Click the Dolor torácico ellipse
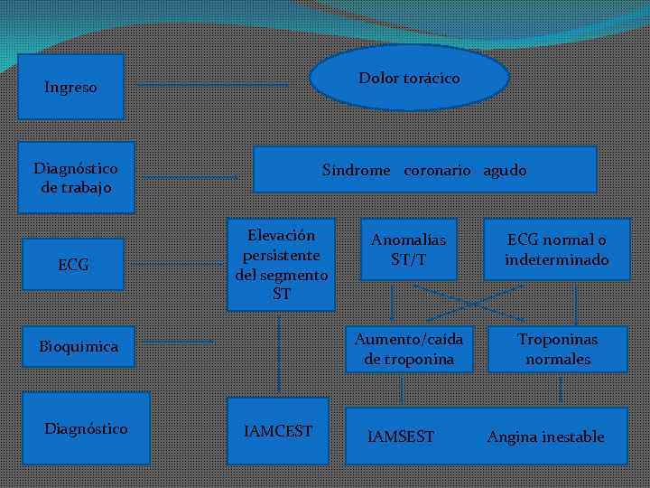409,78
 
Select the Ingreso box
71,87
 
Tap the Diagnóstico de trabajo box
76,177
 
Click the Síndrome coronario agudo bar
424,170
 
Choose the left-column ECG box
73,265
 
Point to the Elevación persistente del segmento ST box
281,265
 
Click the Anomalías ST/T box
408,249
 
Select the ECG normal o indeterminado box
556,249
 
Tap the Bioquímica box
78,347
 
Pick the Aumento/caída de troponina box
408,349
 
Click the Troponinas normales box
558,349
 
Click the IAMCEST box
278,431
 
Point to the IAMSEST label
401,437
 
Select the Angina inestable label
545,437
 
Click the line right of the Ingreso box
213,86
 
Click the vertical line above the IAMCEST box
279,352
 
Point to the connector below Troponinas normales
561,389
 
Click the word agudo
505,170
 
